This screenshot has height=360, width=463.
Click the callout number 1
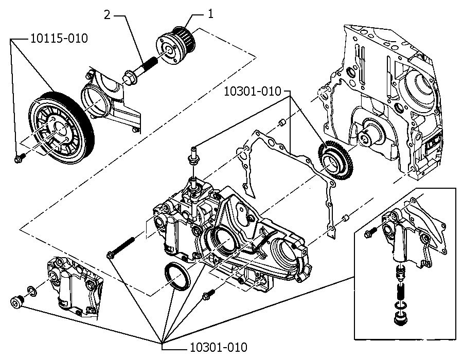click(x=210, y=13)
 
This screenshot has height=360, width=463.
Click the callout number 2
click(x=107, y=15)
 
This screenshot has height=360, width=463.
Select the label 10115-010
click(x=59, y=39)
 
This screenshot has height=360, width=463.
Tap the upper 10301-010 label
click(x=253, y=91)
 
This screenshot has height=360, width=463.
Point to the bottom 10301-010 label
click(x=218, y=347)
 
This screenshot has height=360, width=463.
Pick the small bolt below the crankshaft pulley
click(x=20, y=158)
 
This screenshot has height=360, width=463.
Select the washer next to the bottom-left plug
click(x=32, y=291)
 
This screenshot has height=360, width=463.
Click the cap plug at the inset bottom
click(x=400, y=319)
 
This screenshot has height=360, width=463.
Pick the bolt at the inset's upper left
click(x=370, y=232)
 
